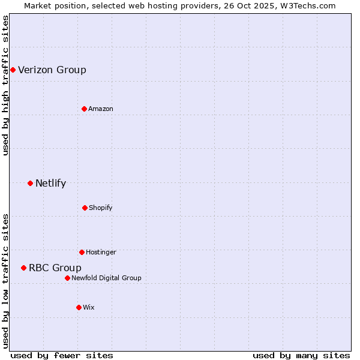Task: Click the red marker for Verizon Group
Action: click(13, 70)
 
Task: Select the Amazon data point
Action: click(85, 109)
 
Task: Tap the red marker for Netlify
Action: click(30, 183)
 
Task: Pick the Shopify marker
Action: click(85, 208)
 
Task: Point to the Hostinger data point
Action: click(82, 252)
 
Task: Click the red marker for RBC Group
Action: click(23, 268)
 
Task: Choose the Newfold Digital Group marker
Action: click(67, 278)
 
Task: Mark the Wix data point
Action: click(79, 307)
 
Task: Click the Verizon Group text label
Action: click(52, 70)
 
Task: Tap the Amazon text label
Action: click(101, 109)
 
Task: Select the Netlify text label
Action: click(50, 183)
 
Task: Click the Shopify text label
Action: click(101, 208)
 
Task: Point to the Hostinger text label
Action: click(101, 252)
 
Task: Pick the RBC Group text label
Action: click(55, 268)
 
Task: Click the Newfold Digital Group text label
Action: click(106, 278)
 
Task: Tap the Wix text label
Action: click(89, 307)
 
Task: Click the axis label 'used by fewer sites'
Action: click(62, 355)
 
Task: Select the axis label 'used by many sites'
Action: click(301, 355)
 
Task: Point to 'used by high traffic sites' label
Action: click(5, 85)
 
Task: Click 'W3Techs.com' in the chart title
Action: click(307, 5)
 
